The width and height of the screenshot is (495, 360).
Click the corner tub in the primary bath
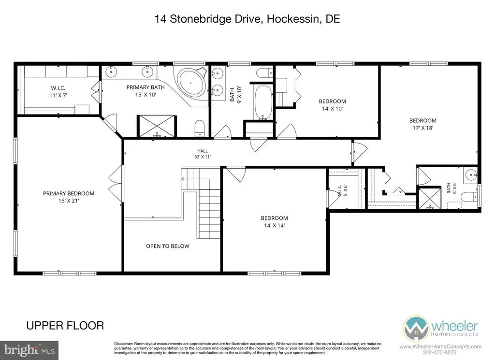[x=191, y=83]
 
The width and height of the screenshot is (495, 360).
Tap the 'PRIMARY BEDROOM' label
[x=69, y=193]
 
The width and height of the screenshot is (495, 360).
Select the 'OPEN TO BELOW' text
[x=168, y=246]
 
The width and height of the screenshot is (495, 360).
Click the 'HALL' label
[x=203, y=151]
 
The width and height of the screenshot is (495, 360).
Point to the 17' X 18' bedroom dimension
[x=422, y=128]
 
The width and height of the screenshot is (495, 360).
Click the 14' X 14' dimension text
[x=275, y=225]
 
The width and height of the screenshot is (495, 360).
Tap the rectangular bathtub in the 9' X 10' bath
[x=262, y=102]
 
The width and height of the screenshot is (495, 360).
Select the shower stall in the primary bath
[x=157, y=126]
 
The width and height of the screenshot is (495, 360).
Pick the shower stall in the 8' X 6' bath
[x=429, y=198]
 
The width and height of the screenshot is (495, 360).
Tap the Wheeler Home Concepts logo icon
[x=416, y=328]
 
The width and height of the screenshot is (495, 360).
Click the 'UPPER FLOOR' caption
[x=65, y=326]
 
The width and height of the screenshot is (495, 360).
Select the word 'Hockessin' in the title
[x=293, y=19]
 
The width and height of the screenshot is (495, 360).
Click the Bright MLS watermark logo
[x=29, y=350]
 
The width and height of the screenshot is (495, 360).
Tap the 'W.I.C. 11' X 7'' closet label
[x=58, y=91]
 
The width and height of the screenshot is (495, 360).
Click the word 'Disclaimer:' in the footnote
[x=124, y=344]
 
